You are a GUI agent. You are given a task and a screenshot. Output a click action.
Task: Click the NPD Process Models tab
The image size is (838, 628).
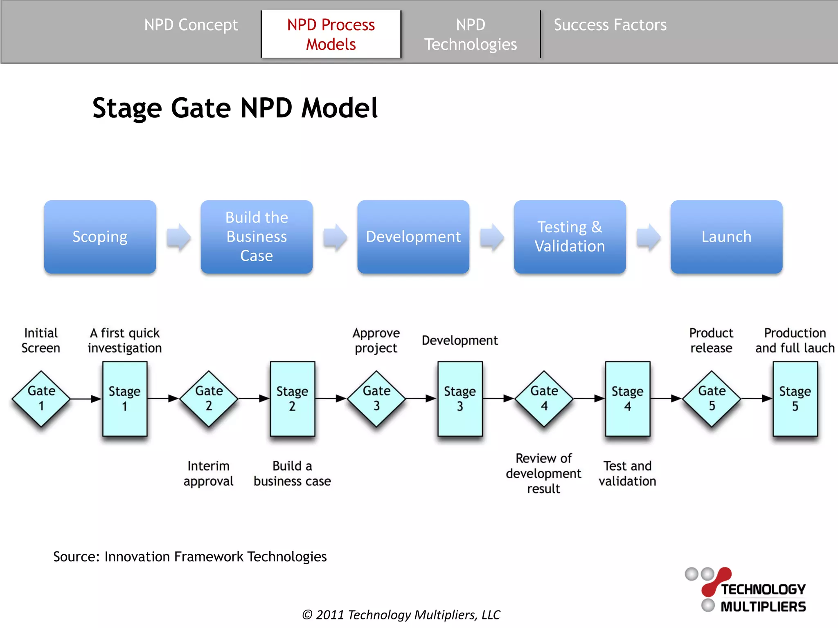point(331,34)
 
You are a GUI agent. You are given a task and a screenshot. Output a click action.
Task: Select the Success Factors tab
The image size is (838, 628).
point(610,25)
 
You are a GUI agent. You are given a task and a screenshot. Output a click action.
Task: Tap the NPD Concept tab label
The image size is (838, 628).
point(191,25)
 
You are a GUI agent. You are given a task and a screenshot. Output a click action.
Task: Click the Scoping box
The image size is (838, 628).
point(100,237)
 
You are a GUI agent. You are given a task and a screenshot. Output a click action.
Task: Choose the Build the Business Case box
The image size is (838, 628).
point(257,237)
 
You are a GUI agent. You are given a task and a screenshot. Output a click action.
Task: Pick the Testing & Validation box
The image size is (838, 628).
point(570,237)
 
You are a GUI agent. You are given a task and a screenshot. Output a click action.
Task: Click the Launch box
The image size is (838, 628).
point(726,237)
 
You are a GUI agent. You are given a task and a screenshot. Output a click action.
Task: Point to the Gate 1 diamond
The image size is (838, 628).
point(41,399)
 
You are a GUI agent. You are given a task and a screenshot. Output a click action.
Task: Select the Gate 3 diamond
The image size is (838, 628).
point(376,399)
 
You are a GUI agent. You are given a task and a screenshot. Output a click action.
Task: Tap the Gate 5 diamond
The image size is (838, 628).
point(712,399)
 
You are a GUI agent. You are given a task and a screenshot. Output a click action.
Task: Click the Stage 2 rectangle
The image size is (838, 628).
point(292,399)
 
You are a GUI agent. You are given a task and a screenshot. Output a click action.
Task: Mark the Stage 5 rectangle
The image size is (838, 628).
point(795,399)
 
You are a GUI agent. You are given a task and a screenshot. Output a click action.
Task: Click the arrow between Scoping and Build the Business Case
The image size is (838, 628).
point(179,237)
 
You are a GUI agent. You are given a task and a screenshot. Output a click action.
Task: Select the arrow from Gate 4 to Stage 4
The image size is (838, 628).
point(589,398)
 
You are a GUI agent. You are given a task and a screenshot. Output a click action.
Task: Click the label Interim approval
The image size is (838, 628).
point(208,473)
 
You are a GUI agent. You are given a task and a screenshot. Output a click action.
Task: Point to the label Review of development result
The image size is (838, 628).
point(543,473)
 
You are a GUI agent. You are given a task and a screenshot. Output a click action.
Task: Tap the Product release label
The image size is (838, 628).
point(711,340)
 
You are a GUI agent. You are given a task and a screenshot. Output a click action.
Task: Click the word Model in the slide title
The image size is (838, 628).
point(339,108)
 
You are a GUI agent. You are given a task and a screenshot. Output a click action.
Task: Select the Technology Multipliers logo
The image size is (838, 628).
point(746,590)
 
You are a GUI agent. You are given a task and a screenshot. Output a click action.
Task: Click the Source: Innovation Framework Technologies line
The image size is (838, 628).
point(190,557)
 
